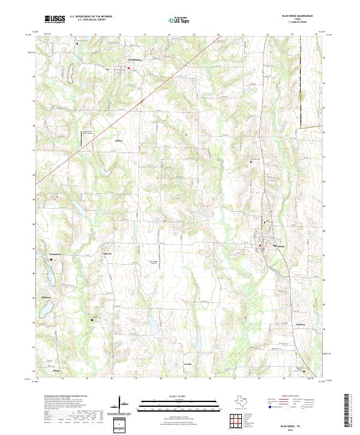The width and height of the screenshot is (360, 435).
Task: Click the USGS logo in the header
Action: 55,19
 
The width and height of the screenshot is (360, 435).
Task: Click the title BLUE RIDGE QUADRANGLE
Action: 297,17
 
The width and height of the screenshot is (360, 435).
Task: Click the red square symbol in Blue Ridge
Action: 260,245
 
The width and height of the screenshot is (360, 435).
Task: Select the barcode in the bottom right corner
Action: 347,411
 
